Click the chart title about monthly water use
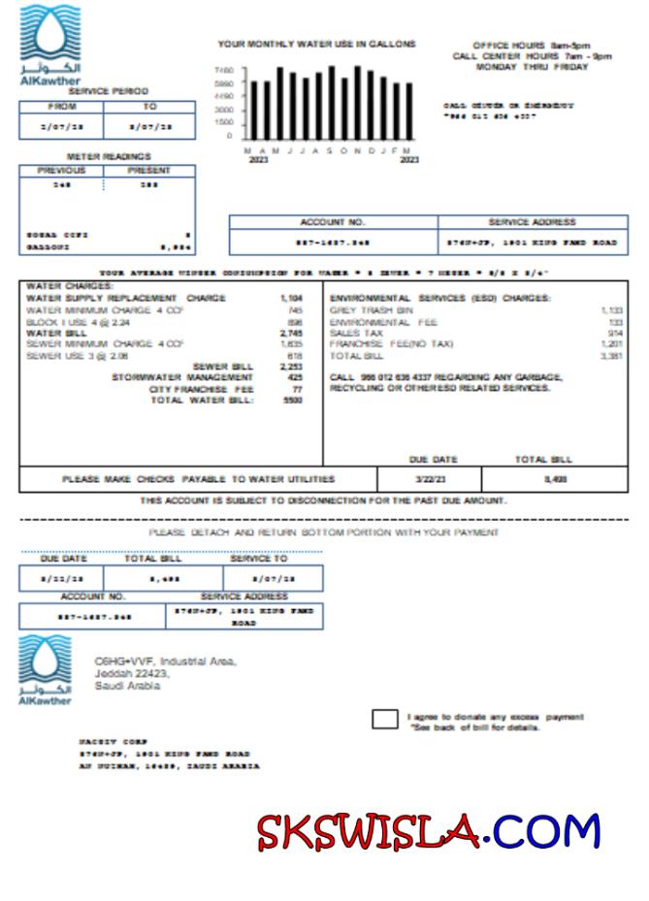click(x=316, y=44)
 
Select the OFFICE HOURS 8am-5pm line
click(x=531, y=46)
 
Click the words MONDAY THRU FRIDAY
click(x=532, y=67)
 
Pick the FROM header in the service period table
click(x=61, y=107)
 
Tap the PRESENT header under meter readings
click(x=149, y=171)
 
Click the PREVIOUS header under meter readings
click(x=61, y=171)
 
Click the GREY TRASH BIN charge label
click(x=372, y=310)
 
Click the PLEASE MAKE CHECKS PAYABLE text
click(x=199, y=479)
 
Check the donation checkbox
click(x=384, y=719)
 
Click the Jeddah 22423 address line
click(x=132, y=673)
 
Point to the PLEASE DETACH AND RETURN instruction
click(x=324, y=532)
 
